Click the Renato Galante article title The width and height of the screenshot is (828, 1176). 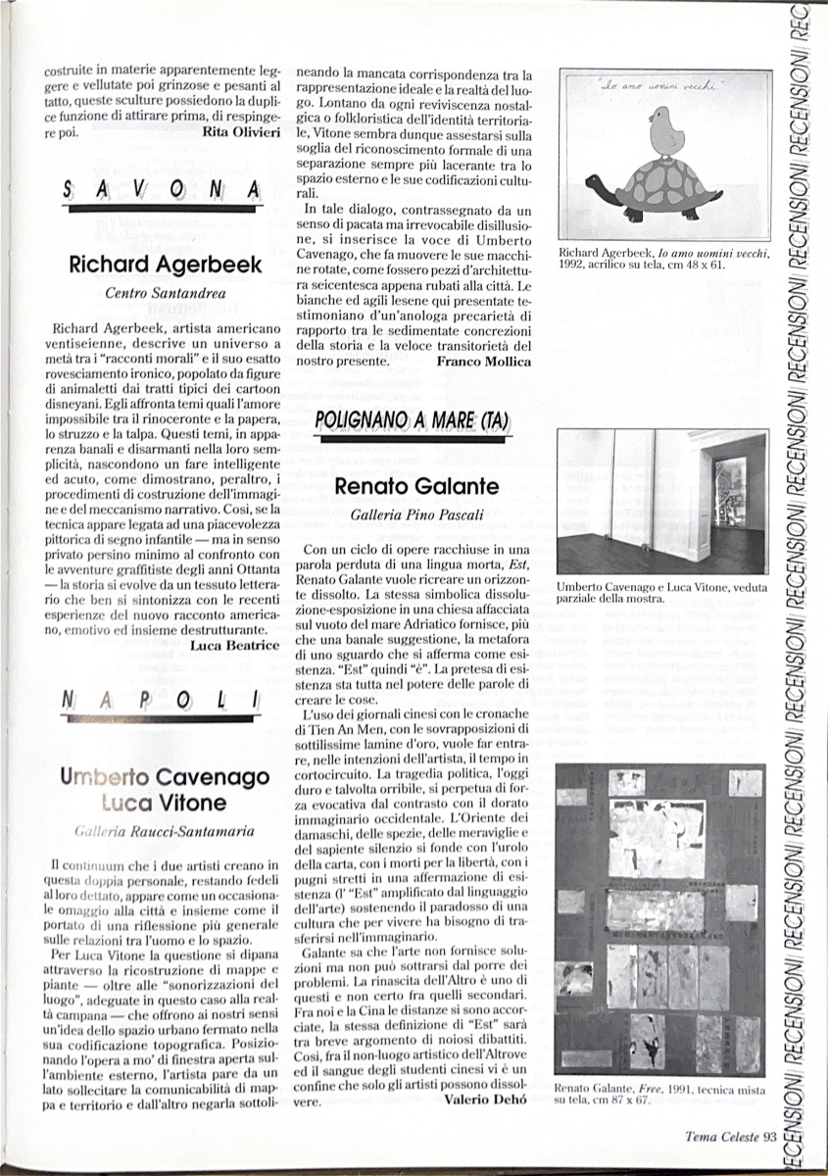coord(416,485)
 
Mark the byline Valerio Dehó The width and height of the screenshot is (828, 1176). coord(487,1100)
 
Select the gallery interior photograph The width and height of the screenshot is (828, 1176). coord(660,502)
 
